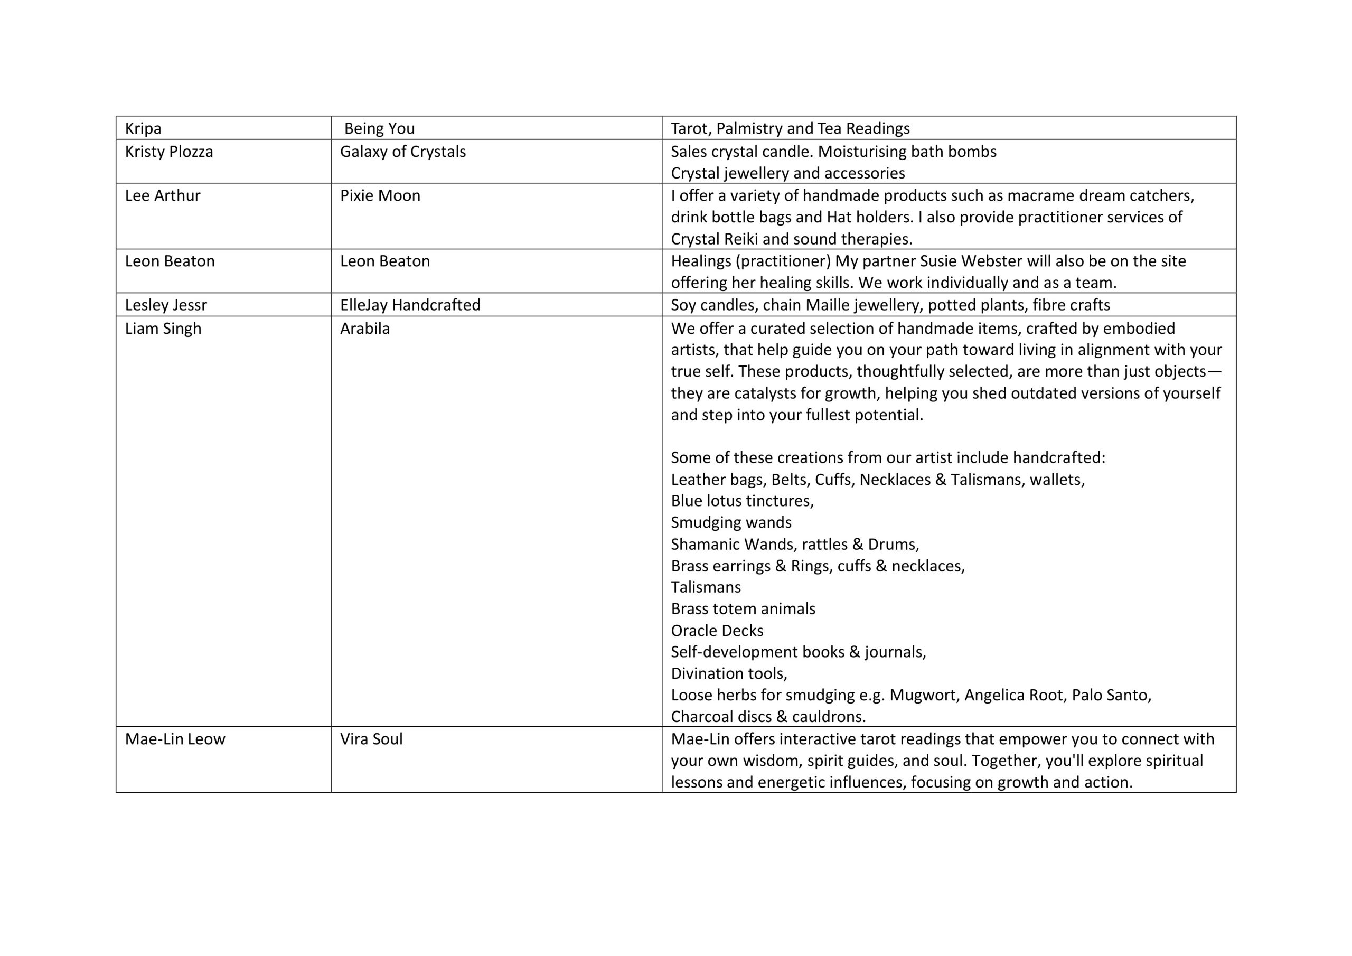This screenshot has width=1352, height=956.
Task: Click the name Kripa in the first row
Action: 143,128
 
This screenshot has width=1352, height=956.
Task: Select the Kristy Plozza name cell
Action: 169,152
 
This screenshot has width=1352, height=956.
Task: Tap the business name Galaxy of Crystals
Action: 403,152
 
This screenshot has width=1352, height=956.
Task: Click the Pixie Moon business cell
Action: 380,195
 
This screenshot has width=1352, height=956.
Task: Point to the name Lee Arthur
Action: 163,195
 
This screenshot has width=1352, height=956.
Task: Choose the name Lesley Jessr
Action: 166,305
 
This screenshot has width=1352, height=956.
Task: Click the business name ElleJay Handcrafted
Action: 410,305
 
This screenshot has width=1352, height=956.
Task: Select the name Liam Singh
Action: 163,329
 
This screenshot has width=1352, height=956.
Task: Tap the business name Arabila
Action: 364,329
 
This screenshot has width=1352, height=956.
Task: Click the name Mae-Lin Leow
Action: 175,739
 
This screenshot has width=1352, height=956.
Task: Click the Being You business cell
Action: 379,128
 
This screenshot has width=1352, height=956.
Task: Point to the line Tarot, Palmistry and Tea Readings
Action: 790,128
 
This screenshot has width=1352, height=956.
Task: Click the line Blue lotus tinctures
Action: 742,501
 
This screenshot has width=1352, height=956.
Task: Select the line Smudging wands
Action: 731,522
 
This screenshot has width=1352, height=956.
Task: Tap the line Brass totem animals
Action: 743,609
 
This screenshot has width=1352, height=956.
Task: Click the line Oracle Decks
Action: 717,631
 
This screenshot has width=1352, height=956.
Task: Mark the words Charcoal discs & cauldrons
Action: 768,717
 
